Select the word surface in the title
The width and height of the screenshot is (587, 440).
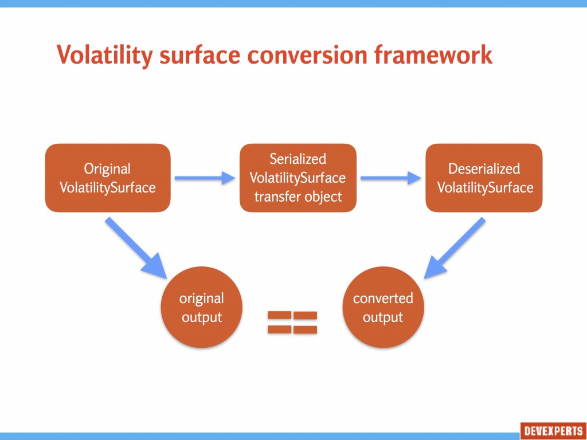coord(199,54)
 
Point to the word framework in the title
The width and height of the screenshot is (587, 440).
coord(433,54)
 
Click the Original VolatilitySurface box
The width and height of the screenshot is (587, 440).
coord(108,178)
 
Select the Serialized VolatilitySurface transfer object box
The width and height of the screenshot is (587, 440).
coord(298,178)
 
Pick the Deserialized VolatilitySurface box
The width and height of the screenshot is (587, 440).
coord(484,178)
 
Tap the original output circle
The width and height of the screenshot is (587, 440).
coord(201,307)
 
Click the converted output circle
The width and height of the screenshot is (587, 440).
coord(383,307)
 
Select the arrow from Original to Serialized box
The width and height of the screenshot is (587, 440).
coord(205,178)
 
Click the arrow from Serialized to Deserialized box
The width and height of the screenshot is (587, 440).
coord(391,178)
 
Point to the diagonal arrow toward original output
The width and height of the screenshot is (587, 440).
coord(136,248)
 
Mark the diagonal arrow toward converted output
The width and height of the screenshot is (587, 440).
coord(455,248)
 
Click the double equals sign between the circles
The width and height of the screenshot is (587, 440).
coord(292,322)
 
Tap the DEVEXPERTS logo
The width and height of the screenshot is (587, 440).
coord(553,431)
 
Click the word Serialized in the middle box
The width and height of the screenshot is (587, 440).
coord(298,159)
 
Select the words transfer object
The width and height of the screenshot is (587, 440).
coord(298,197)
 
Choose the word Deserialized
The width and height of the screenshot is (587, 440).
coord(484,168)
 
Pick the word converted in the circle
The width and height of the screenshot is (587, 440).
coord(383,298)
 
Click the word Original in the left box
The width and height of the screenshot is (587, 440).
coord(107,169)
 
